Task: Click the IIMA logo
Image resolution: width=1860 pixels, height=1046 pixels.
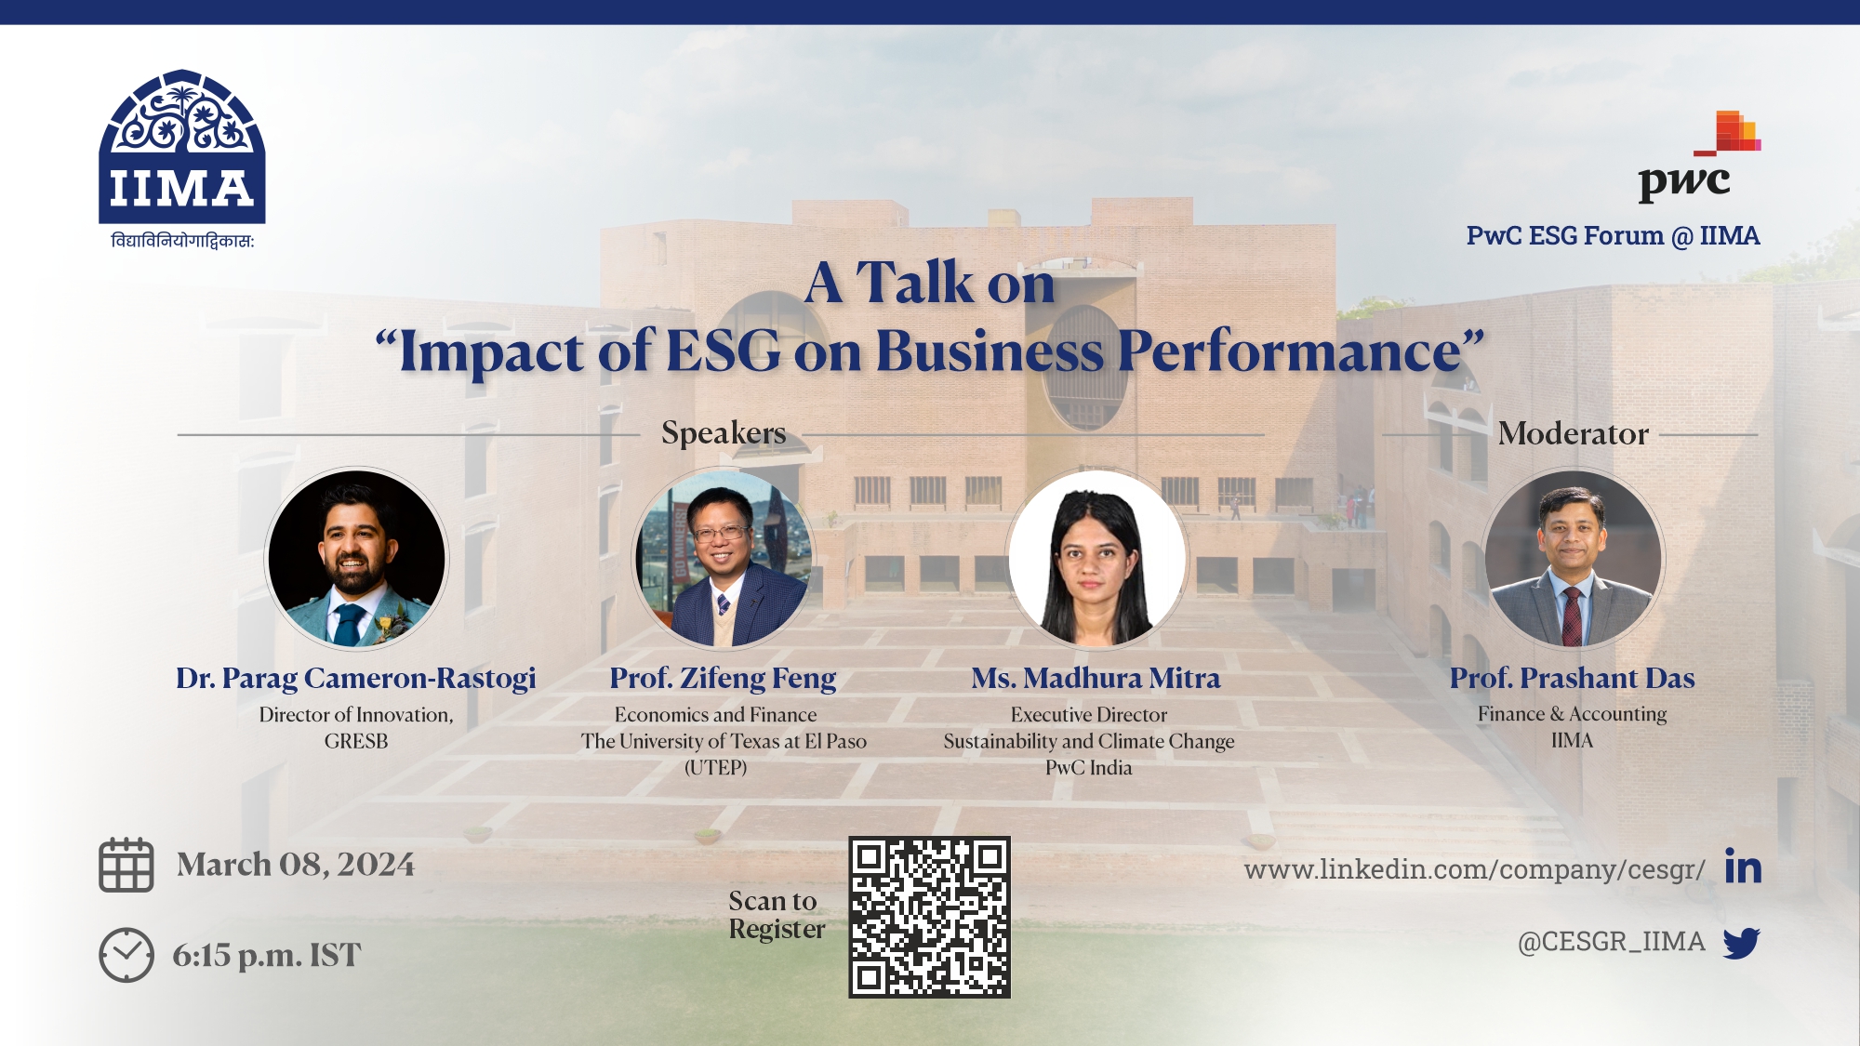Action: coord(182,159)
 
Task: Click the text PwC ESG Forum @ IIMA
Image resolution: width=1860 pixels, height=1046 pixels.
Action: coord(1613,236)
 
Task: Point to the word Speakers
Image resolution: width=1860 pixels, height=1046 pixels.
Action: coord(724,433)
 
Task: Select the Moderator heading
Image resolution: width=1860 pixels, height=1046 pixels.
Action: coord(1573,433)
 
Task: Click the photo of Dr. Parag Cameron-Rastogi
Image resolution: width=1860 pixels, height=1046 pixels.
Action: coord(357,558)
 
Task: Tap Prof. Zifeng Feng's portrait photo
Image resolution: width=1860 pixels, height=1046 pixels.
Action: coord(724,558)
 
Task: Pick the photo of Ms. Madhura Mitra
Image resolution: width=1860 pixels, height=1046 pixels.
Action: coord(1097,558)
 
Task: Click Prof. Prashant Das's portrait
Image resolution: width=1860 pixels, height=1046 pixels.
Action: coord(1573,558)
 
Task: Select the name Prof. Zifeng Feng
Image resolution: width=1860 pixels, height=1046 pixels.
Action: coord(723,679)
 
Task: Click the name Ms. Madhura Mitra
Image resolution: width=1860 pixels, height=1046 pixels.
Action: coord(1096,678)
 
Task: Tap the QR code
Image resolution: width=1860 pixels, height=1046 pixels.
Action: coord(929,918)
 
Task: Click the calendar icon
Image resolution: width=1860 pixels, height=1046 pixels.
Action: coord(126,865)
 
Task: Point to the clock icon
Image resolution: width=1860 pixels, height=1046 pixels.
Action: coord(126,955)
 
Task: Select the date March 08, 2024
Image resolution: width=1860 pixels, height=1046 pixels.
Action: coord(296,865)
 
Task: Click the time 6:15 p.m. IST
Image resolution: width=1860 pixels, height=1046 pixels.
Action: coord(267,955)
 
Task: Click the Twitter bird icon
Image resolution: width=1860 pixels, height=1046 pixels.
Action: coord(1742,943)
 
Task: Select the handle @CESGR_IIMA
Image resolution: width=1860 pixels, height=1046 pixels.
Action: coord(1612,942)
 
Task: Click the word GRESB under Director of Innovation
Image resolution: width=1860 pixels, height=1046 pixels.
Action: coord(356,741)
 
